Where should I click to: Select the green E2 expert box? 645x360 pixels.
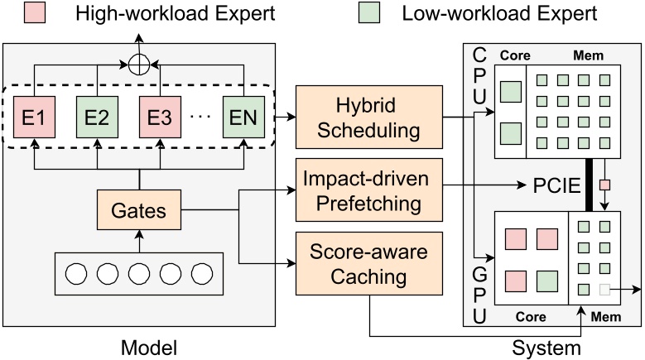97,114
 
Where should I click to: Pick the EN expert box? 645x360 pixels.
244,114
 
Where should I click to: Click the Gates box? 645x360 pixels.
138,211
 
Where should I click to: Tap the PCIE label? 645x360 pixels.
553,183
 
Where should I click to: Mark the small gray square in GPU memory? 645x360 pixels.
604,290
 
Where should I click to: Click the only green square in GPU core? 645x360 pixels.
546,279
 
